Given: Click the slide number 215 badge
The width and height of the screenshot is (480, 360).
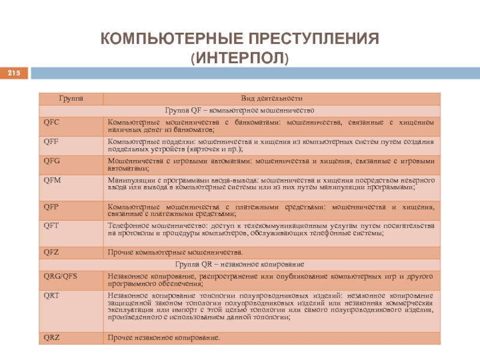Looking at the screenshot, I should [13, 73].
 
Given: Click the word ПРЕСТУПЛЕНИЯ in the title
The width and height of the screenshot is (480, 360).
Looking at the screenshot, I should [312, 41].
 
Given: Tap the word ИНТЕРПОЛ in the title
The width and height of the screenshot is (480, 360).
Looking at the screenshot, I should [240, 59].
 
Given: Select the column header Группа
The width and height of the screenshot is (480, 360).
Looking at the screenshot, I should [71, 98].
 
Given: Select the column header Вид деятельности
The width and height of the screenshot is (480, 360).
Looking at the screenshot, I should [271, 98].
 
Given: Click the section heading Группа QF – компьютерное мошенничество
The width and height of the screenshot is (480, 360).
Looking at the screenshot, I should [240, 110].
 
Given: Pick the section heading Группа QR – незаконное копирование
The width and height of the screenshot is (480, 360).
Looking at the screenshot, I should [240, 264].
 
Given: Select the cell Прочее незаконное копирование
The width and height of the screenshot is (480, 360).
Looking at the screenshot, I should [164, 338].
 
